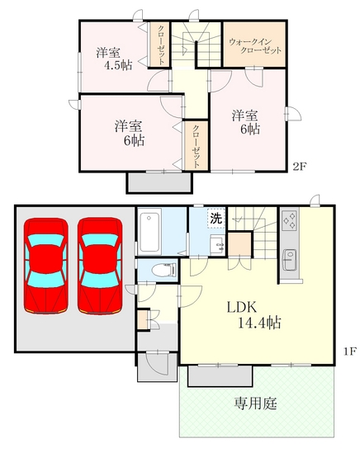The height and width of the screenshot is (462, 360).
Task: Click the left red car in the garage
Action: pos(46,265)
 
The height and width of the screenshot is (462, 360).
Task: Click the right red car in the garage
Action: pos(100,265)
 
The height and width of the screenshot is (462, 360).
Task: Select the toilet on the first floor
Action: pos(163,270)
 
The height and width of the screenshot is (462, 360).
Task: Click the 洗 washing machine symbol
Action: pos(216,219)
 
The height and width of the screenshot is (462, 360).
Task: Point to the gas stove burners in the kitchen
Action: pos(291,220)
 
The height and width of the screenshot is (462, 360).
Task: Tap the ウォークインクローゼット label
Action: pos(255,45)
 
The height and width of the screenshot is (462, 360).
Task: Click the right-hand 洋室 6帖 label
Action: pos(245,121)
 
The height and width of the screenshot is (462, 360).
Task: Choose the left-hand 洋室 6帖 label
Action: pos(129,133)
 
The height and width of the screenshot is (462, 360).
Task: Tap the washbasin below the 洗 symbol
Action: pos(217,244)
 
